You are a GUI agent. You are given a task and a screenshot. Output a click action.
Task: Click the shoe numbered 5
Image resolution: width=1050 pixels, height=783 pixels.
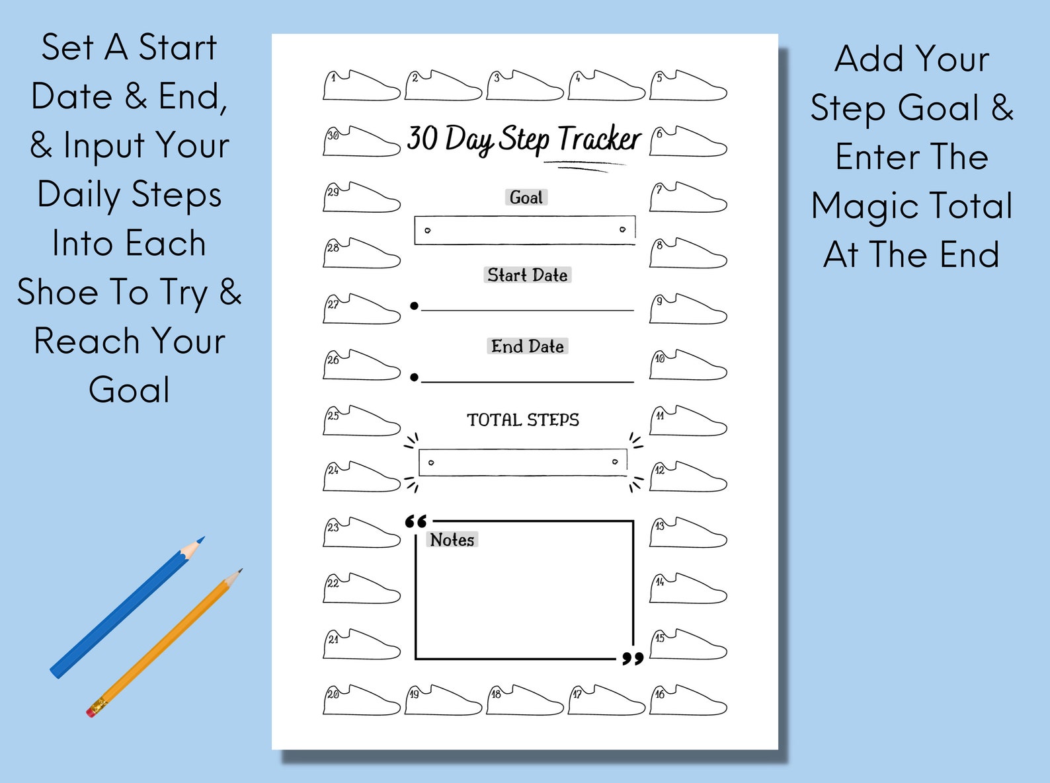688,87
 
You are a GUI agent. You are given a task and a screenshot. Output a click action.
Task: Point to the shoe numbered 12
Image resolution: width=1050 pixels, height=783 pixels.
688,478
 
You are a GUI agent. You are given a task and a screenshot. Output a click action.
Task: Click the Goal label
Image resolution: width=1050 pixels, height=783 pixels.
526,198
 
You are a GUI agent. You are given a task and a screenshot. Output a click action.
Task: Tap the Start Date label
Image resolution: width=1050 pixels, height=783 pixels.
527,275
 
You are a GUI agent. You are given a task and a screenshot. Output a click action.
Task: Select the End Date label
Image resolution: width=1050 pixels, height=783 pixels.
527,346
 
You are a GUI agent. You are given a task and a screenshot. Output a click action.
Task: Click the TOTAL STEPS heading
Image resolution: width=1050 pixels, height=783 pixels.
522,420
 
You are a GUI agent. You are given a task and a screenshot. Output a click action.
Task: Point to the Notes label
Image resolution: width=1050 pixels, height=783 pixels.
452,540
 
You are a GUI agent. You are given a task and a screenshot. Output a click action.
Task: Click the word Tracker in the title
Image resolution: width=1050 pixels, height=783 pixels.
599,139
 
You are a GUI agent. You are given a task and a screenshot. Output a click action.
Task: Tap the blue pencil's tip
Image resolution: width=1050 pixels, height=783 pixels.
200,540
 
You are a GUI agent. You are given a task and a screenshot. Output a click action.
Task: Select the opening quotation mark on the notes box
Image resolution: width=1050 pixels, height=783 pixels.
416,521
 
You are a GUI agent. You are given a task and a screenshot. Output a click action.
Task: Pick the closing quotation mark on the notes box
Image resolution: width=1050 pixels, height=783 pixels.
633,658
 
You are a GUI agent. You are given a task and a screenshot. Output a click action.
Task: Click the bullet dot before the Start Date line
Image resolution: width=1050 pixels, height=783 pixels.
414,306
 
